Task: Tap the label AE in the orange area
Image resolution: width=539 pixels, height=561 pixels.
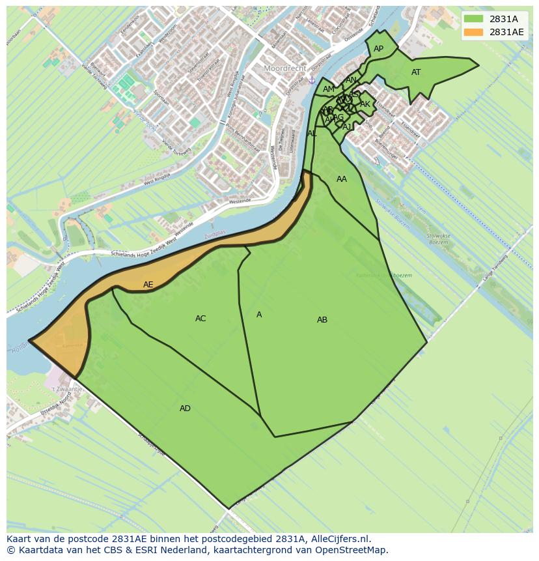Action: pos(148,285)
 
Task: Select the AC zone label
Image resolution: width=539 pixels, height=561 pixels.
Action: pos(200,319)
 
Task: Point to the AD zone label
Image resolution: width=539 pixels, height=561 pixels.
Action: pos(185,409)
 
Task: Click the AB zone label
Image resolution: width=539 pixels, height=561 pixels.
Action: pos(322,320)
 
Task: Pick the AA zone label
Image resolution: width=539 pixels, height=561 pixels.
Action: pos(342,179)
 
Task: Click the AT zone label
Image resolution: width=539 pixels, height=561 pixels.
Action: pos(416,72)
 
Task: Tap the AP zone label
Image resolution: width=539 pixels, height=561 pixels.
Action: pos(378,49)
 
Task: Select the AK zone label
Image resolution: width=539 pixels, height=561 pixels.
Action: pos(365,104)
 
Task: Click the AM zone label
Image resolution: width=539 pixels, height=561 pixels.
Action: pos(328,89)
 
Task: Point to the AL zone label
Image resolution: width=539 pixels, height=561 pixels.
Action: pos(312,134)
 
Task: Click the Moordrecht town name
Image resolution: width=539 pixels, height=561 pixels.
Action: pos(284,68)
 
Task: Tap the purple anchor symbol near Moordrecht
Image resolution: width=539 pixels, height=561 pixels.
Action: pos(312,80)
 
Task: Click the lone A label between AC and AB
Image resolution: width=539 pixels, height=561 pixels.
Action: pos(259,315)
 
